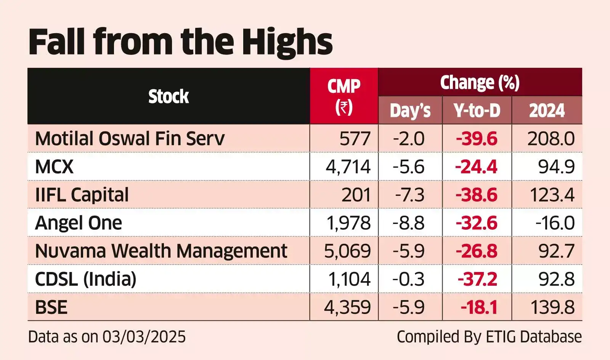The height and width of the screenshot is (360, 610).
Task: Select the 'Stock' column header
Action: click(x=169, y=96)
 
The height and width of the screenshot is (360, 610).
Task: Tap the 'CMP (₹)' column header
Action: click(x=344, y=96)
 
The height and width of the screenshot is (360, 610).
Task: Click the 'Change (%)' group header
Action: click(x=480, y=82)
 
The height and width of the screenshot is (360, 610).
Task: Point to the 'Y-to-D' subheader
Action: click(x=477, y=110)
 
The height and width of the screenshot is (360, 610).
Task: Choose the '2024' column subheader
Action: click(x=547, y=110)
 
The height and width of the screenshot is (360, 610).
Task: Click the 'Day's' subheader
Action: click(x=410, y=111)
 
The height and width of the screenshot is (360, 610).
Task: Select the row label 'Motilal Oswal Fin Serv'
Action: click(x=130, y=139)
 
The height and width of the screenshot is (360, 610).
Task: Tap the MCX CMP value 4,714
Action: click(x=348, y=167)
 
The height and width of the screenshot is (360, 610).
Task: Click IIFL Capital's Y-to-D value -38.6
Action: click(x=477, y=195)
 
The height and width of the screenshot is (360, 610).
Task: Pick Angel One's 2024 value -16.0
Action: click(x=555, y=223)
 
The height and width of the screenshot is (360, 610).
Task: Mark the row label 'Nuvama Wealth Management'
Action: click(x=161, y=251)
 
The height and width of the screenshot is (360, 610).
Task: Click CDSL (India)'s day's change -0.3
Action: click(x=408, y=279)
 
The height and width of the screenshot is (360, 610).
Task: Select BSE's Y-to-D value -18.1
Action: click(x=479, y=307)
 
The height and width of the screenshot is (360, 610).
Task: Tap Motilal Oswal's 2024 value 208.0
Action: click(x=551, y=139)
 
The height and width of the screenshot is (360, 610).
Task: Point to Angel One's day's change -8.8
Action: click(x=408, y=223)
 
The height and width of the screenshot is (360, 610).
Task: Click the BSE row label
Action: click(x=51, y=307)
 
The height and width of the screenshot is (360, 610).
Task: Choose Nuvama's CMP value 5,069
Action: click(x=347, y=251)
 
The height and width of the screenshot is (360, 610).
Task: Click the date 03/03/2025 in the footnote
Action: click(x=144, y=337)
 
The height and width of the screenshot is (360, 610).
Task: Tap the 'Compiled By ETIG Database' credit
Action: click(x=489, y=337)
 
